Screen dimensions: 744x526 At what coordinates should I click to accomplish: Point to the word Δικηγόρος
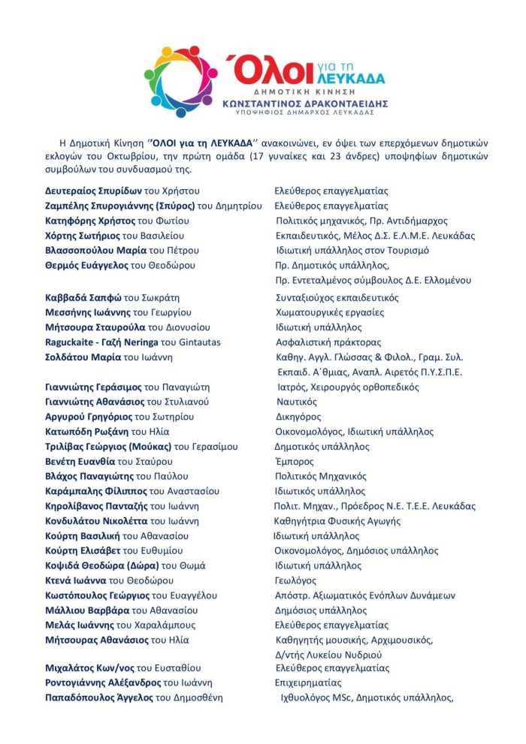298,417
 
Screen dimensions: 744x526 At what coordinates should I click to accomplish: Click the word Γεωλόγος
295,580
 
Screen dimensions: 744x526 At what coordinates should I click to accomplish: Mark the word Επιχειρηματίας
308,683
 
